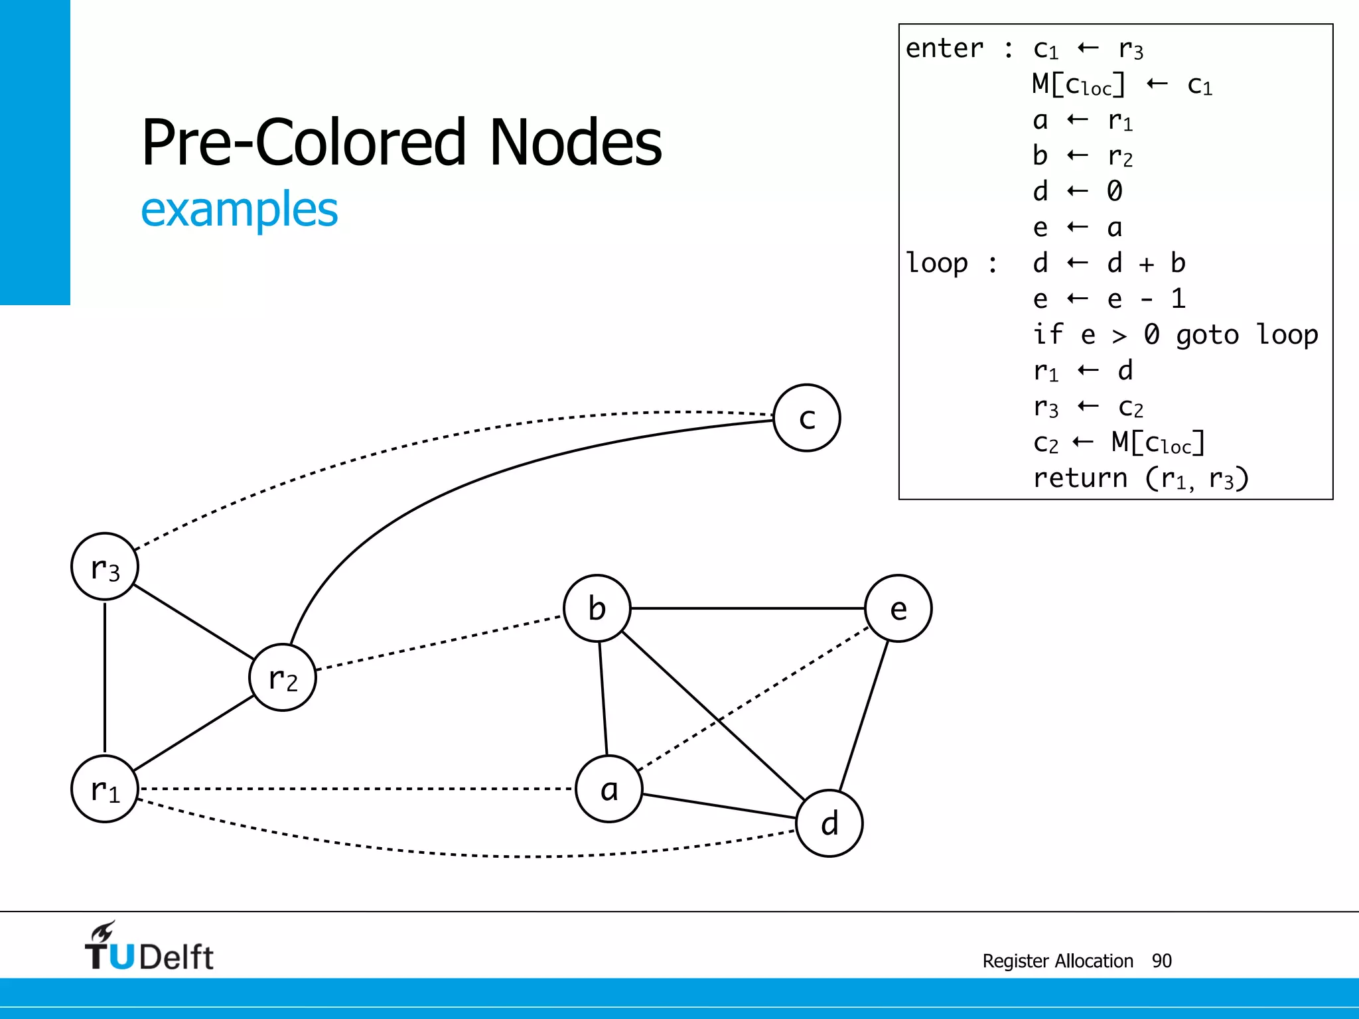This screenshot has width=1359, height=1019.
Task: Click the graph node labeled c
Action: (x=807, y=418)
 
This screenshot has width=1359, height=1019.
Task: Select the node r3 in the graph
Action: (x=105, y=567)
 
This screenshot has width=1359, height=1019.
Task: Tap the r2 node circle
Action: (x=283, y=677)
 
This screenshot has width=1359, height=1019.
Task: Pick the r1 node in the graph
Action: (x=105, y=789)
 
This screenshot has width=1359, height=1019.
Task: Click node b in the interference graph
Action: (x=597, y=608)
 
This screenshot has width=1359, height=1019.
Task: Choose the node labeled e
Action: (x=898, y=608)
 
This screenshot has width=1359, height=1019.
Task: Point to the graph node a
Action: (x=609, y=789)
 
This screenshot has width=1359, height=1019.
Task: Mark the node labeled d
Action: (x=829, y=823)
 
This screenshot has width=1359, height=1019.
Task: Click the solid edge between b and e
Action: (x=747, y=608)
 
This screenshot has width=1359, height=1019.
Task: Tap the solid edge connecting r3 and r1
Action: (x=105, y=677)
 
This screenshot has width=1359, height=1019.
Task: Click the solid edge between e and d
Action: (x=864, y=716)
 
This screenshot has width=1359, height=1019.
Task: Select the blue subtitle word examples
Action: (x=240, y=210)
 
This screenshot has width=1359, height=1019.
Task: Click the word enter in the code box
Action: (x=945, y=48)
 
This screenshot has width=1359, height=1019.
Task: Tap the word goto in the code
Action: (x=1207, y=335)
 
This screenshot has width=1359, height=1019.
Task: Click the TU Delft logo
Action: (x=149, y=947)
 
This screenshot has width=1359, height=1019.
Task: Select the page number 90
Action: (x=1162, y=961)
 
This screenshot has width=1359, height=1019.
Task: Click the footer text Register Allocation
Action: (x=1058, y=961)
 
